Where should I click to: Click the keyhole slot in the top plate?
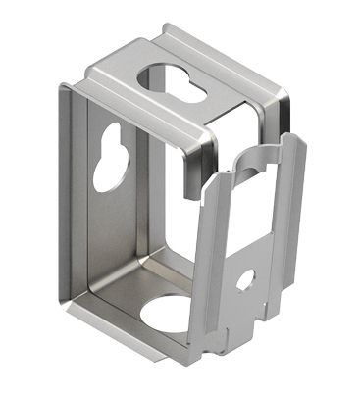177,82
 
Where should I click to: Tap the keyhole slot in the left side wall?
107,157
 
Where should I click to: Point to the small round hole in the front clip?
245,279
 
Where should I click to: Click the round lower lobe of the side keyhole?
104,171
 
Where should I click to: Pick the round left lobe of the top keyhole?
159,77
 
